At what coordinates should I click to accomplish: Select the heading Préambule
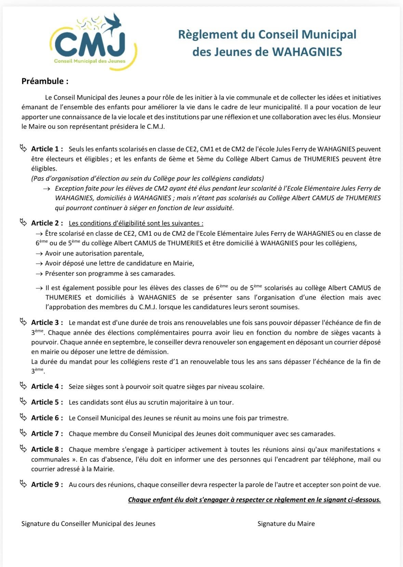click(45, 81)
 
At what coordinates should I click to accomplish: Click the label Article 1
click(47, 149)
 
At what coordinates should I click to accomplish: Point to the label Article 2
click(47, 223)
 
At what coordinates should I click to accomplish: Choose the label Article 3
click(47, 323)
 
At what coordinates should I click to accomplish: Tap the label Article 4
click(47, 387)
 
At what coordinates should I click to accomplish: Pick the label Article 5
click(47, 402)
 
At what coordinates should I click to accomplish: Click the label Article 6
click(47, 418)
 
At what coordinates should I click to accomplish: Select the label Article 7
click(47, 434)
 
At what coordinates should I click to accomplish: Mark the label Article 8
click(47, 449)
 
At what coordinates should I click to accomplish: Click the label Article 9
click(47, 485)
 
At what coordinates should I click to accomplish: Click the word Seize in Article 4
click(76, 387)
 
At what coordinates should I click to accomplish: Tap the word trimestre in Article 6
click(274, 418)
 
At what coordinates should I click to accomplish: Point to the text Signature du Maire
click(286, 524)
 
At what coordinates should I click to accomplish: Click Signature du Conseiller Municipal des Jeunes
click(88, 524)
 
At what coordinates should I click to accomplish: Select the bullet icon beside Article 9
click(23, 484)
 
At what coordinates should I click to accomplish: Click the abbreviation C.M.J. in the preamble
click(156, 126)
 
